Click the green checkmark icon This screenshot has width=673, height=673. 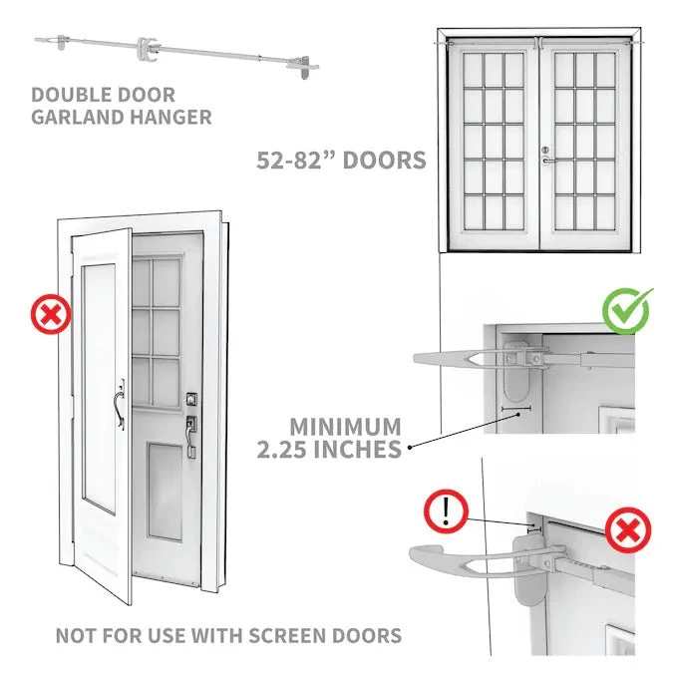point(626,310)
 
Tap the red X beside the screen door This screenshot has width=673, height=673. point(51,317)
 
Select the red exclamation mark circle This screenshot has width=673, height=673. point(446,512)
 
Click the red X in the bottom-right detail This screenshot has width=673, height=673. point(626,529)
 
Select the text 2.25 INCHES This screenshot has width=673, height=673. point(329,450)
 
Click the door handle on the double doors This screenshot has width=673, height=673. point(545,156)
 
